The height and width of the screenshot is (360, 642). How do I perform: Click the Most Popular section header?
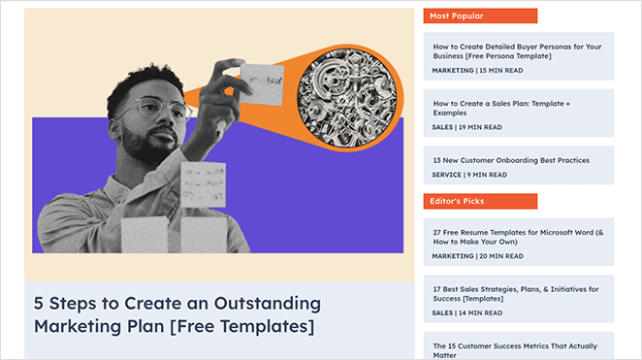456,16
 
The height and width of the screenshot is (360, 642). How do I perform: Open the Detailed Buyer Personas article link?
517,51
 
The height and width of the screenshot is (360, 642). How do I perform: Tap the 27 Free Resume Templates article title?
518,238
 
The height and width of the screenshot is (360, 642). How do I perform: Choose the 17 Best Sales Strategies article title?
515,294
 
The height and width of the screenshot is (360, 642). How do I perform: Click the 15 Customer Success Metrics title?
515,350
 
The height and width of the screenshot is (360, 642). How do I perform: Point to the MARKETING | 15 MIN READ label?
478,71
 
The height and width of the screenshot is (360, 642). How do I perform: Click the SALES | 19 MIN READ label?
467,127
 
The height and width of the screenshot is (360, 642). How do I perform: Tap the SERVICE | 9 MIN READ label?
469,175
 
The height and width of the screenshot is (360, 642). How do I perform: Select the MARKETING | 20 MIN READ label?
478,256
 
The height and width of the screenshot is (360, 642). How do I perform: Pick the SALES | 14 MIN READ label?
467,312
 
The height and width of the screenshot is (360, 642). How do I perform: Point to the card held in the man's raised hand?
259,82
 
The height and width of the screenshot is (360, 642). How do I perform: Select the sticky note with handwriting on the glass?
204,182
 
